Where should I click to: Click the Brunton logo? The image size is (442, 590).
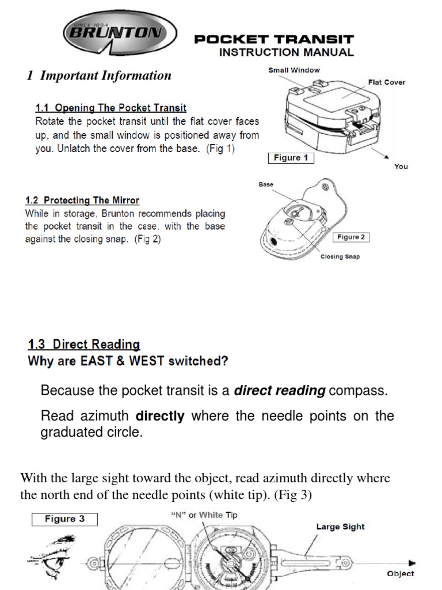[x=120, y=33]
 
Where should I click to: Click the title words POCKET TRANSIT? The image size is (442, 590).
[x=273, y=40]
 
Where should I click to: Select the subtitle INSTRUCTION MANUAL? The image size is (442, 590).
[x=285, y=52]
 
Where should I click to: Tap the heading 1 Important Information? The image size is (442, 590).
[x=99, y=75]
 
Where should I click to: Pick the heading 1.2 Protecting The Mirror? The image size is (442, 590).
[x=82, y=201]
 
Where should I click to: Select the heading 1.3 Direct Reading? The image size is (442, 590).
[x=84, y=345]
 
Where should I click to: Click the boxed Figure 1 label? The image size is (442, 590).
[x=291, y=158]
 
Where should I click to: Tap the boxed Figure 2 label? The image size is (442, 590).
[x=350, y=237]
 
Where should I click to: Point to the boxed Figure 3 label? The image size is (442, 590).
[x=64, y=519]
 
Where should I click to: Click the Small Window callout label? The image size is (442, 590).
[x=294, y=70]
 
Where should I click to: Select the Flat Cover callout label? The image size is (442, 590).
[x=386, y=82]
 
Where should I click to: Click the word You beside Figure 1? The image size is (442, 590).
[x=401, y=167]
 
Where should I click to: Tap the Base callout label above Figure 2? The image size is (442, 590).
[x=266, y=185]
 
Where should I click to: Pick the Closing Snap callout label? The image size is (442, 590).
[x=340, y=257]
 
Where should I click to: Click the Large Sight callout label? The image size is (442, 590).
[x=340, y=526]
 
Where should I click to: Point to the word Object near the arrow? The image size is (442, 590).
[x=400, y=573]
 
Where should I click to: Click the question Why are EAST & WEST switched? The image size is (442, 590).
[x=128, y=362]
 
